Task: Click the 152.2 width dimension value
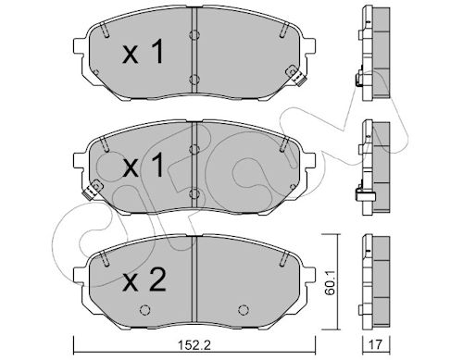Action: (x=194, y=344)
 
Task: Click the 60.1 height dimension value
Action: (x=331, y=281)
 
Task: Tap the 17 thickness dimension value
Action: (x=376, y=344)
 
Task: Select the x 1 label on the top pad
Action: (x=143, y=53)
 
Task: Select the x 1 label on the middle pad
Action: (x=143, y=166)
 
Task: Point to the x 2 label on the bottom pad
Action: (x=144, y=280)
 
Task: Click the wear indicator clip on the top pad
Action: (x=295, y=75)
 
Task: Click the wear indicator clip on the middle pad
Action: (x=93, y=190)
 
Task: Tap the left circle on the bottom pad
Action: (x=144, y=310)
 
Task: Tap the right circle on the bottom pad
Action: (x=244, y=310)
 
